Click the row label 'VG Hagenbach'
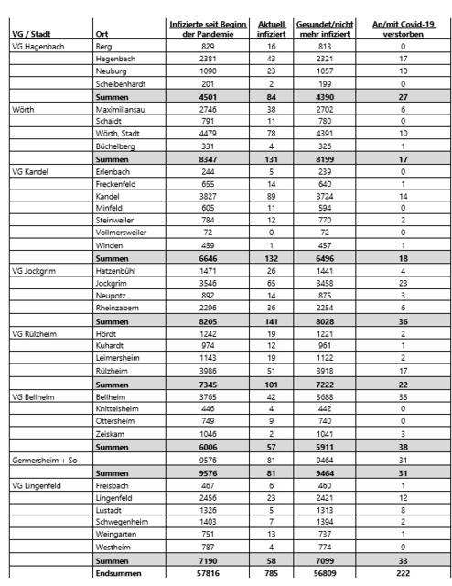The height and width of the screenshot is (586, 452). [37, 45]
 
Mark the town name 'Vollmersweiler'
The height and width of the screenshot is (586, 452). [124, 231]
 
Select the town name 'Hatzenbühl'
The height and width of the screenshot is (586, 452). [119, 272]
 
